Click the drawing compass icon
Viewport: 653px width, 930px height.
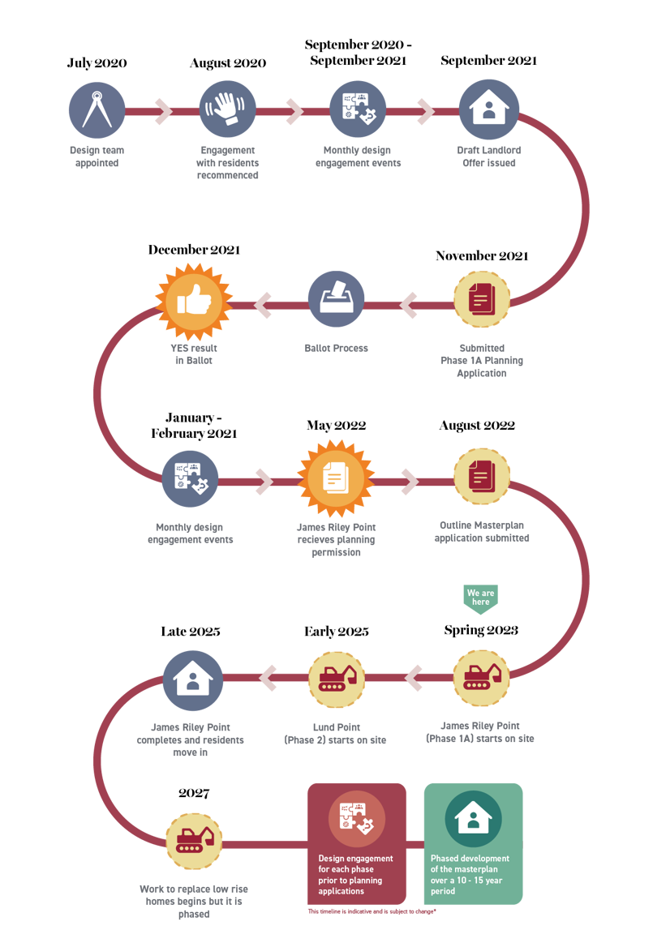(x=97, y=110)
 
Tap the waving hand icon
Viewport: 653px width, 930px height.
(x=227, y=109)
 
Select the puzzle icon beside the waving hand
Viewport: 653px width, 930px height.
(x=358, y=109)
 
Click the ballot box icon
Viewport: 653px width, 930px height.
(x=336, y=299)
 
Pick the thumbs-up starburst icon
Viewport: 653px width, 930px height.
(x=194, y=302)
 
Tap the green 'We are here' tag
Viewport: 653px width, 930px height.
(x=480, y=598)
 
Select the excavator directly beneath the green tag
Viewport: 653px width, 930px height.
(x=482, y=677)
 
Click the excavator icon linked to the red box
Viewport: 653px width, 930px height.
(x=194, y=842)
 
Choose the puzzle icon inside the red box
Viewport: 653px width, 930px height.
(x=357, y=819)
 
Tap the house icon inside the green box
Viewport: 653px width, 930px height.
(x=474, y=819)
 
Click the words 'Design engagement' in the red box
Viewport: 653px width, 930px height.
(x=355, y=859)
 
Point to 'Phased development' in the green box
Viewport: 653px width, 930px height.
(x=470, y=859)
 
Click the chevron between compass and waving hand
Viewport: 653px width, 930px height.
(x=163, y=111)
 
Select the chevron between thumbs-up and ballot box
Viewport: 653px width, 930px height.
(x=264, y=306)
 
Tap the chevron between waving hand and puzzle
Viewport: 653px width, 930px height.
(x=294, y=111)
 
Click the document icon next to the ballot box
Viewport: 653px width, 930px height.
(x=481, y=300)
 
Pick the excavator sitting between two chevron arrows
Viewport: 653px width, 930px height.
(x=337, y=677)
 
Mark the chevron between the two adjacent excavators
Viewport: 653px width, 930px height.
(x=414, y=678)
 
